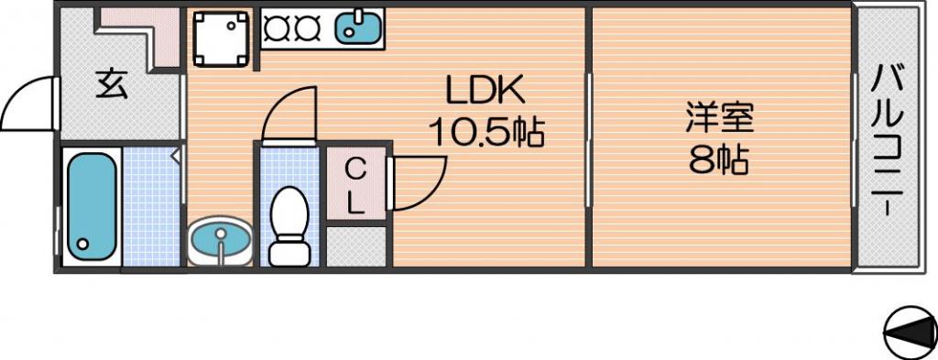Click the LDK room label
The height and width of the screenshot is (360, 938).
pos(485,91)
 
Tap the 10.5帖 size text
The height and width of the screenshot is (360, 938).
pos(485,133)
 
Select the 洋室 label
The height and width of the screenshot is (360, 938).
pos(719,118)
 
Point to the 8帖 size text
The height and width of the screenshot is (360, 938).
pos(719,159)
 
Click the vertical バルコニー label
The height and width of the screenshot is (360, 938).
pos(887,141)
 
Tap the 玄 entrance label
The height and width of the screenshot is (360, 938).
pos(113,84)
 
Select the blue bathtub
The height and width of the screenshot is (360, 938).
pos(91,204)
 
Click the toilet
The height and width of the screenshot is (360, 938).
pos(289,226)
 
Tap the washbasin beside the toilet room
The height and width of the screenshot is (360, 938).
pos(220,240)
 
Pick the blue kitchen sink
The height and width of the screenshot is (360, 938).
pos(359,27)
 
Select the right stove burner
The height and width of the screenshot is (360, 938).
pos(308,26)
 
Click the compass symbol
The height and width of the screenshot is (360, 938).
pos(910,331)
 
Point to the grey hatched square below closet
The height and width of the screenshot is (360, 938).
pos(356,246)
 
